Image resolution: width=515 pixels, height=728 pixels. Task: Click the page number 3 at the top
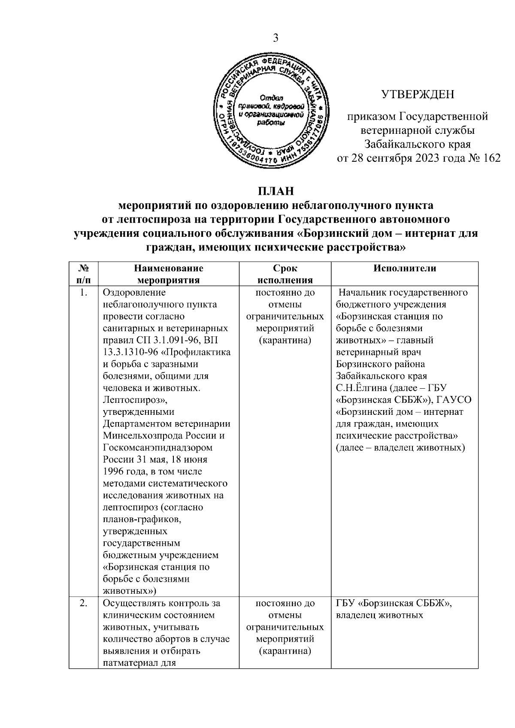coord(276,38)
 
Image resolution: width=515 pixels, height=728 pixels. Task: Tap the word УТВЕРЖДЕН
coord(418,94)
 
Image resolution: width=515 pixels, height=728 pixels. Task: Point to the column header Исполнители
coord(404,269)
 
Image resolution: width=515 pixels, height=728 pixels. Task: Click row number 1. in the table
coord(84,293)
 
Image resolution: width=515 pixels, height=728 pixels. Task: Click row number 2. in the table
coord(84,603)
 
